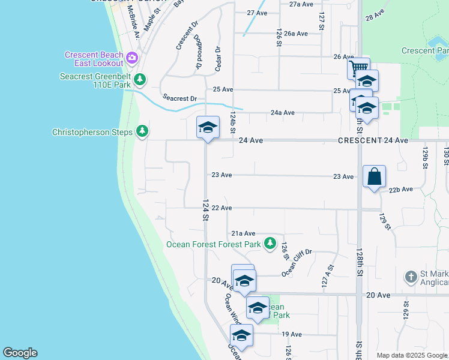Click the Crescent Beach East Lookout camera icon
[x=132, y=59]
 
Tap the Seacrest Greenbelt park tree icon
[x=140, y=79]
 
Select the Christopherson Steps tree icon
[x=142, y=131]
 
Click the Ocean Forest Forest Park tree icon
[x=270, y=244]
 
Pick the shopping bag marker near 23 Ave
[x=374, y=176]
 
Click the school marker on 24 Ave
[x=208, y=127]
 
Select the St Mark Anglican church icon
[x=411, y=277]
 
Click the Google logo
[x=20, y=353]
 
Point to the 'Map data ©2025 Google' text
[x=412, y=355]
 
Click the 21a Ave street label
[x=244, y=233]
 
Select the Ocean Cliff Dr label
[x=297, y=263]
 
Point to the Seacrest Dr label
[x=179, y=98]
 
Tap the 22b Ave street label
[x=400, y=189]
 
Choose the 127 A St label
[x=328, y=274]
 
